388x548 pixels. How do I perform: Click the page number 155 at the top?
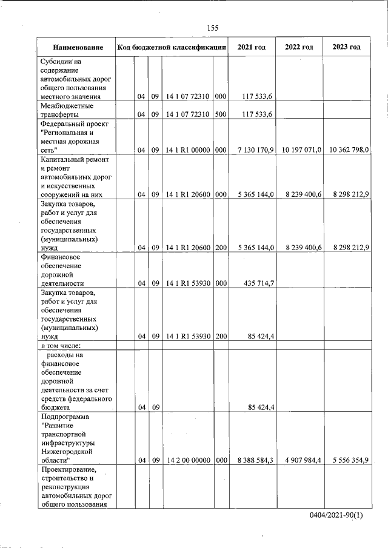[x=212, y=28]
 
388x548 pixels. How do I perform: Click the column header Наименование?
[x=77, y=47]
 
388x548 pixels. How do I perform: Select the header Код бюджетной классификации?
[x=172, y=47]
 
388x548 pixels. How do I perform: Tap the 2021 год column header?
[x=252, y=47]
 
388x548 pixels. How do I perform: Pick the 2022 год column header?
[x=299, y=47]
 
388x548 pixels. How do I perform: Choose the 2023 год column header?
[x=346, y=47]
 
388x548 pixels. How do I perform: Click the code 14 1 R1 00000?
[x=188, y=150]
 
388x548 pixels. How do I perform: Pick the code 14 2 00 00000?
[x=188, y=461]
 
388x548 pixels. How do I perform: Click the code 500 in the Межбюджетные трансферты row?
[x=221, y=114]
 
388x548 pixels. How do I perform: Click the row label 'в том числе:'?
[x=61, y=346]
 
